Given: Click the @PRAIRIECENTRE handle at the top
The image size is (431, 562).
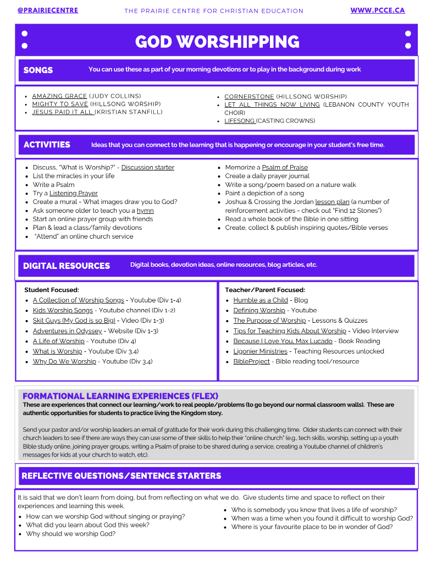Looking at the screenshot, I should point(48,10).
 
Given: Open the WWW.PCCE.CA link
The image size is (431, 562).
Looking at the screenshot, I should point(377,10).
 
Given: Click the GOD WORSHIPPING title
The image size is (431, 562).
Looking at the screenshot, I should point(217,42).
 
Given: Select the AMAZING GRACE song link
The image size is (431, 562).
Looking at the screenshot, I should point(59,96).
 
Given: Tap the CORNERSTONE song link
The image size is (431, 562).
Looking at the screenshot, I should point(249,96).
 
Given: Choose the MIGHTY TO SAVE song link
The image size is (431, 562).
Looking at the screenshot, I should point(60,104).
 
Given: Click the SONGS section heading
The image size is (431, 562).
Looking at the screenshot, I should point(38,70).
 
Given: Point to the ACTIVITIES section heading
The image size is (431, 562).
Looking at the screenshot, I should point(47,145).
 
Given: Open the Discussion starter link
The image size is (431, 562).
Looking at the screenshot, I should point(147,168).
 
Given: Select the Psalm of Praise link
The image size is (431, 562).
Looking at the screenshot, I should point(285,168).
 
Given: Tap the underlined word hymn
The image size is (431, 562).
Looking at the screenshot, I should point(145,211).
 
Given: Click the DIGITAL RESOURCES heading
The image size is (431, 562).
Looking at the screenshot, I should point(67,266).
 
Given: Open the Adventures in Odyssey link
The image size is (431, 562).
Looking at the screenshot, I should point(67,331).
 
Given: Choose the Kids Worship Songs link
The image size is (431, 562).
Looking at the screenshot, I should point(63,311).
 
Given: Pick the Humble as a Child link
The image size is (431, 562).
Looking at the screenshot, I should point(261,300).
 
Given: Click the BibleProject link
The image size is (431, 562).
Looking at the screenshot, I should point(251,362).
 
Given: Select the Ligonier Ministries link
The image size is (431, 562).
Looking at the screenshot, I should point(260,351).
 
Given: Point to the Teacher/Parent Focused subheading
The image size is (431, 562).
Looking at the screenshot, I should point(265,290).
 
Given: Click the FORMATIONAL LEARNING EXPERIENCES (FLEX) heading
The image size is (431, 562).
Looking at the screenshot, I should point(120,396).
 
